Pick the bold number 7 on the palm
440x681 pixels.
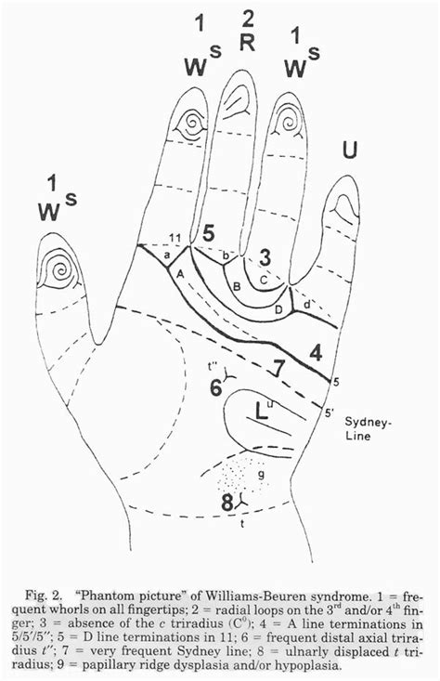(x=276, y=368)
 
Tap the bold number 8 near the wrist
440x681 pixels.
(x=226, y=503)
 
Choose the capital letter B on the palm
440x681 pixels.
(x=237, y=287)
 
